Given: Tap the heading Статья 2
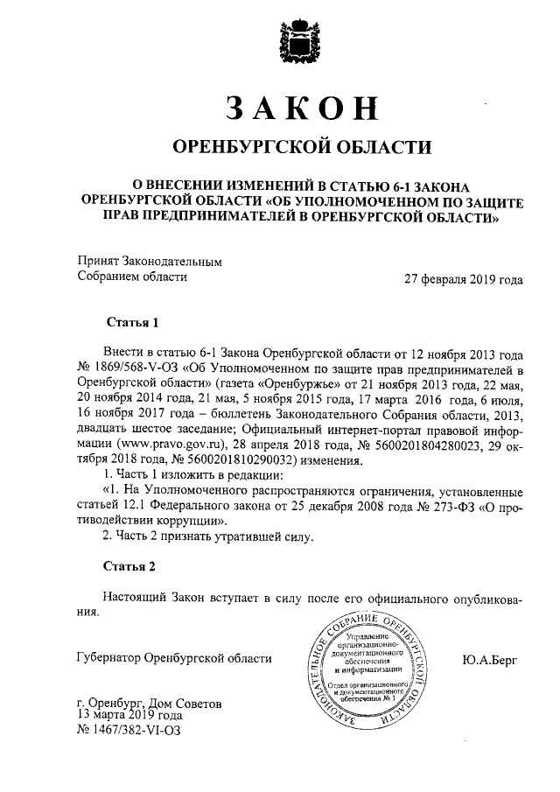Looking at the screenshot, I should (131, 566).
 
